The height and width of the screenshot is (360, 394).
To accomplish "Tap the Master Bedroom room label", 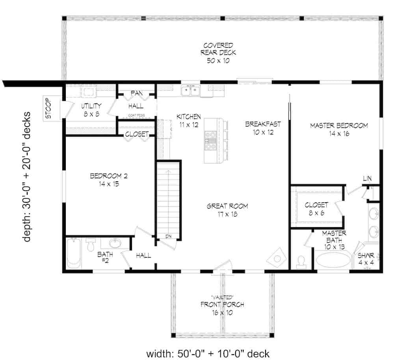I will pos(339,129).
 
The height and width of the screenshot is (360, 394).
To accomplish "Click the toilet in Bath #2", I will pos(90,245).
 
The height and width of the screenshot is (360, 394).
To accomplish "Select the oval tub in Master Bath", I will pos(333,261).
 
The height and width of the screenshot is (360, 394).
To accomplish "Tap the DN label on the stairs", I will pos(168,236).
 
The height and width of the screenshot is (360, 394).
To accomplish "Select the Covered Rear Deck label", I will pos(218,53).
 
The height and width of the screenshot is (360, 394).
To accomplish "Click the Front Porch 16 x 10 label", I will pos(222,308).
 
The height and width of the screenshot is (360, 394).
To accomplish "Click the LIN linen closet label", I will pos(367,179).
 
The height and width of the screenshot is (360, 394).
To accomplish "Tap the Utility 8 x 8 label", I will pos(91,110).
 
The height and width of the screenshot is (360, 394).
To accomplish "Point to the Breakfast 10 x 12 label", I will pos(263,128).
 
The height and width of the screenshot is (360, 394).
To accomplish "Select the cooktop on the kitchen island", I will pos(209,140).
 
